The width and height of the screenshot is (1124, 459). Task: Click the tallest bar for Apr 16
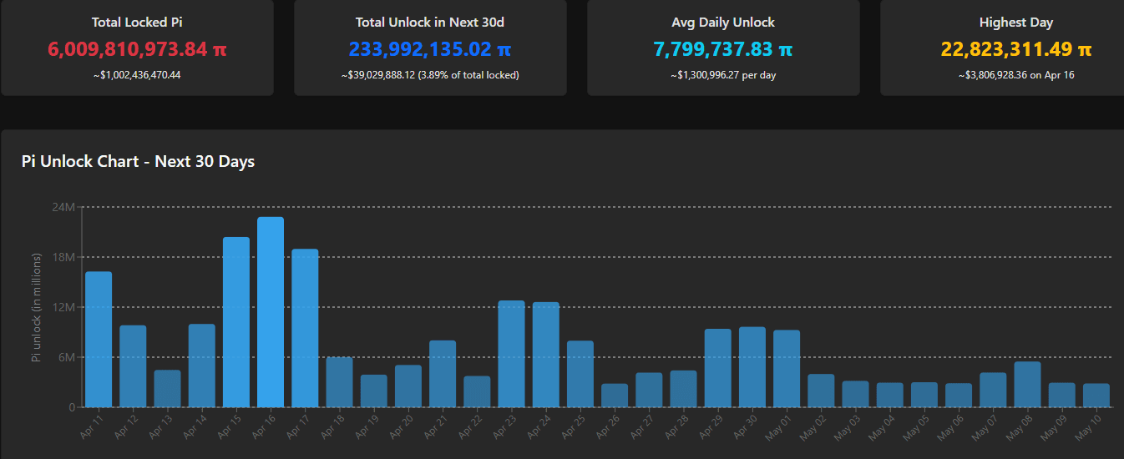[271, 312]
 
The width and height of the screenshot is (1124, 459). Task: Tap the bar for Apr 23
[511, 354]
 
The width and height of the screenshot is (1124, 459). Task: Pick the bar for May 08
[1027, 385]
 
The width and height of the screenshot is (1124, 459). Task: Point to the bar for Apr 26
[615, 396]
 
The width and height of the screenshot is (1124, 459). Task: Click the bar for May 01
[787, 369]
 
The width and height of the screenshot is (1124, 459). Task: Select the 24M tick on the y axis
[64, 207]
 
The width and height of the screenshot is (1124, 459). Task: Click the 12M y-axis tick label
[64, 307]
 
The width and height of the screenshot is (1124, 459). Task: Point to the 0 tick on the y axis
[72, 407]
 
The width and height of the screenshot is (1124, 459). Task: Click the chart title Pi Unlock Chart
[138, 162]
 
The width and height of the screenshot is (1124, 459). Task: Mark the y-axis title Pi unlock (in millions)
[36, 308]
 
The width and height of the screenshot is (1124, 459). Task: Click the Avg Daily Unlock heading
[723, 23]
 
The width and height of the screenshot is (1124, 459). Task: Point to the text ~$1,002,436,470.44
[137, 75]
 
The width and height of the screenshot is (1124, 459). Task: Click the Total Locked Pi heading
[137, 23]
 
